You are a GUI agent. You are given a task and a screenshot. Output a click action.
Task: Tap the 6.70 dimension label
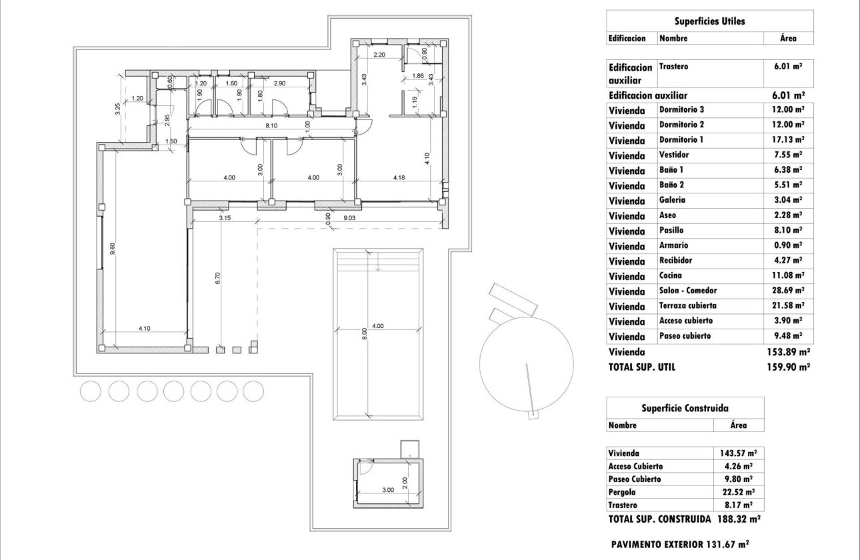(217, 278)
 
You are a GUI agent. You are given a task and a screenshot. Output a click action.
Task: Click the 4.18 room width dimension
(399, 177)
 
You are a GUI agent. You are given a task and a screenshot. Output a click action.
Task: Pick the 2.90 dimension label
(279, 83)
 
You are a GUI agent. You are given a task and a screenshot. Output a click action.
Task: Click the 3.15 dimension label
(225, 217)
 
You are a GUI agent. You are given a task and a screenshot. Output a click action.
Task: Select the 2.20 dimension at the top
(380, 54)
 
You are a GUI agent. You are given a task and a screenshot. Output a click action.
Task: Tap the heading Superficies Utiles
(709, 21)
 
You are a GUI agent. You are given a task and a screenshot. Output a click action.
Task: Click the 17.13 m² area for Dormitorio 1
(790, 140)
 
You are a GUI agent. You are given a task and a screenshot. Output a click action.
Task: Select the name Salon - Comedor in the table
(689, 291)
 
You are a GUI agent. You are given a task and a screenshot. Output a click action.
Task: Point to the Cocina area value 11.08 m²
(790, 275)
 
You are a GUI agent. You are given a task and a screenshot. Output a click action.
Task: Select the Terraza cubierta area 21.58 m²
(790, 306)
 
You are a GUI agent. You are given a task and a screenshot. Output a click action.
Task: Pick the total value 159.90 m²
(790, 367)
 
